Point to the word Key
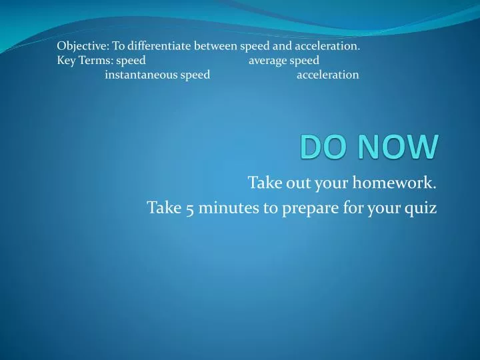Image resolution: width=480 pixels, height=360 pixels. pyautogui.click(x=66, y=61)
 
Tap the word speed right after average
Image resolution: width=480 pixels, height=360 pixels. pyautogui.click(x=305, y=61)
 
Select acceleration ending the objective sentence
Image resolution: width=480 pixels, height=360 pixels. pyautogui.click(x=327, y=47)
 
